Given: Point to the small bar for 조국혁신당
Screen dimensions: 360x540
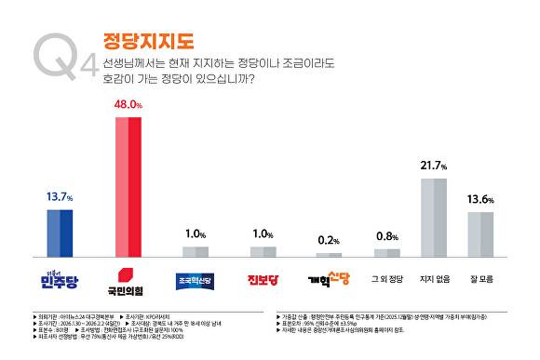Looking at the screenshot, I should [196, 251].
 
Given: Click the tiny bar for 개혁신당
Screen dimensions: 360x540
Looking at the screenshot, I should [329, 254].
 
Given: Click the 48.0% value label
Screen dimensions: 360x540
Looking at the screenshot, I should [128, 107].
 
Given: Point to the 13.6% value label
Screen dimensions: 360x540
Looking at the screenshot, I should [480, 200].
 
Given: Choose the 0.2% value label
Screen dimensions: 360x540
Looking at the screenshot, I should [329, 240].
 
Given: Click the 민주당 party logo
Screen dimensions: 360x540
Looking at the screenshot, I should [60, 277].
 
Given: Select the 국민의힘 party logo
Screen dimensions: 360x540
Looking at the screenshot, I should [128, 277].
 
